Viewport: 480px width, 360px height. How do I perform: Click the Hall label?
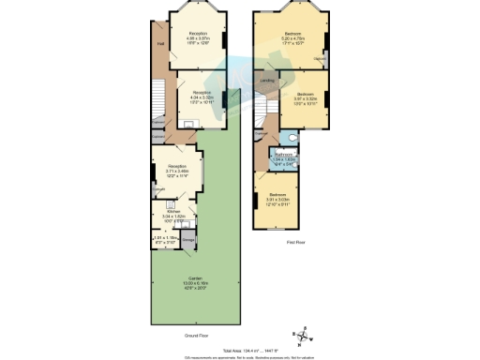point(161,44)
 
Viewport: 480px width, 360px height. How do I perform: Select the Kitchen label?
point(173,211)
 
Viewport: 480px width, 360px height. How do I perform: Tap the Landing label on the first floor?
point(265,82)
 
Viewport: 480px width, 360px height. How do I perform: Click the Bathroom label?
point(285,155)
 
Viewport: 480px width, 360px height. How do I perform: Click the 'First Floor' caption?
point(296,241)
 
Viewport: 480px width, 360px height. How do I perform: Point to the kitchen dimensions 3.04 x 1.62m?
point(173,217)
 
